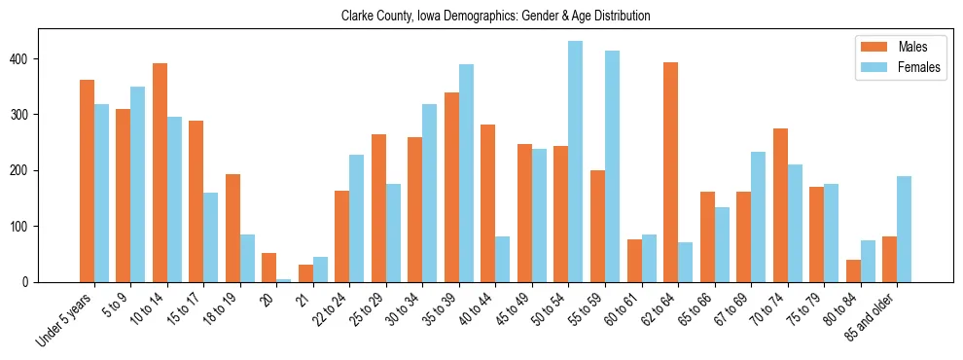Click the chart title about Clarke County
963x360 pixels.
[x=495, y=17]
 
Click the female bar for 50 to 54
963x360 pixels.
[x=576, y=162]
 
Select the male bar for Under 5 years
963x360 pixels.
[x=87, y=181]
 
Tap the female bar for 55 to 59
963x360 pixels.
[x=612, y=166]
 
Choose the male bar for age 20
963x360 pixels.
[x=268, y=268]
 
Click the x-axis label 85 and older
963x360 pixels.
[x=869, y=316]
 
